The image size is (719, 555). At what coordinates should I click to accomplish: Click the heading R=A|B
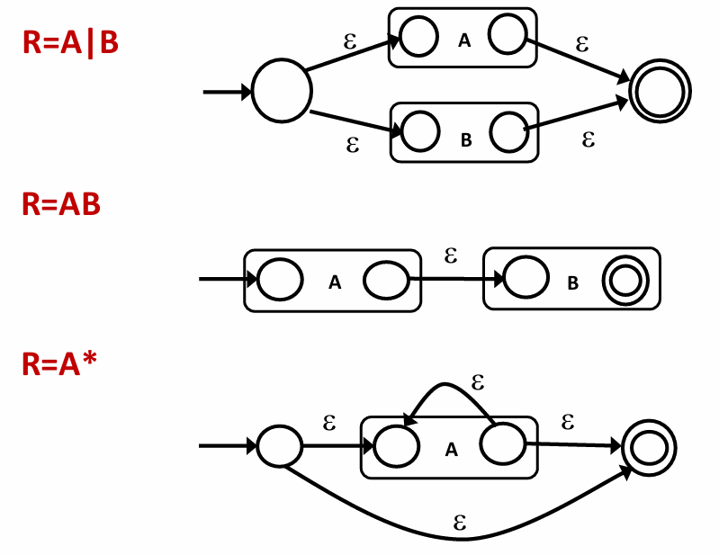(71, 42)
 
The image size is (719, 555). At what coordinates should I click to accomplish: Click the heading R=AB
(61, 205)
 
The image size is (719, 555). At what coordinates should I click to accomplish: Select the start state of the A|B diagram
(282, 91)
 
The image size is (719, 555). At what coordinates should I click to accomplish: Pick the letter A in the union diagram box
(464, 40)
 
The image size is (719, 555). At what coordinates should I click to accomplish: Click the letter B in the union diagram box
(465, 139)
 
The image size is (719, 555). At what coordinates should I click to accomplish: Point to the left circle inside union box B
(418, 131)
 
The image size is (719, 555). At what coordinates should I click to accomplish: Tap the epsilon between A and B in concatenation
(452, 255)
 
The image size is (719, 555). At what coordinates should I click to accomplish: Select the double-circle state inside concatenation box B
(624, 280)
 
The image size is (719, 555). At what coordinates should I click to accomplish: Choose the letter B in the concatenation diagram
(573, 283)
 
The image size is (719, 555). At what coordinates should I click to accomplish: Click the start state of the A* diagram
(279, 444)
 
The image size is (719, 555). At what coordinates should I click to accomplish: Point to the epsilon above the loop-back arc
(478, 382)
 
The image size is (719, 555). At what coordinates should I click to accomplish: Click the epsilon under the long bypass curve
(460, 520)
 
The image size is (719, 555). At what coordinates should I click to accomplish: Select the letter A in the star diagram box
(452, 451)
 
